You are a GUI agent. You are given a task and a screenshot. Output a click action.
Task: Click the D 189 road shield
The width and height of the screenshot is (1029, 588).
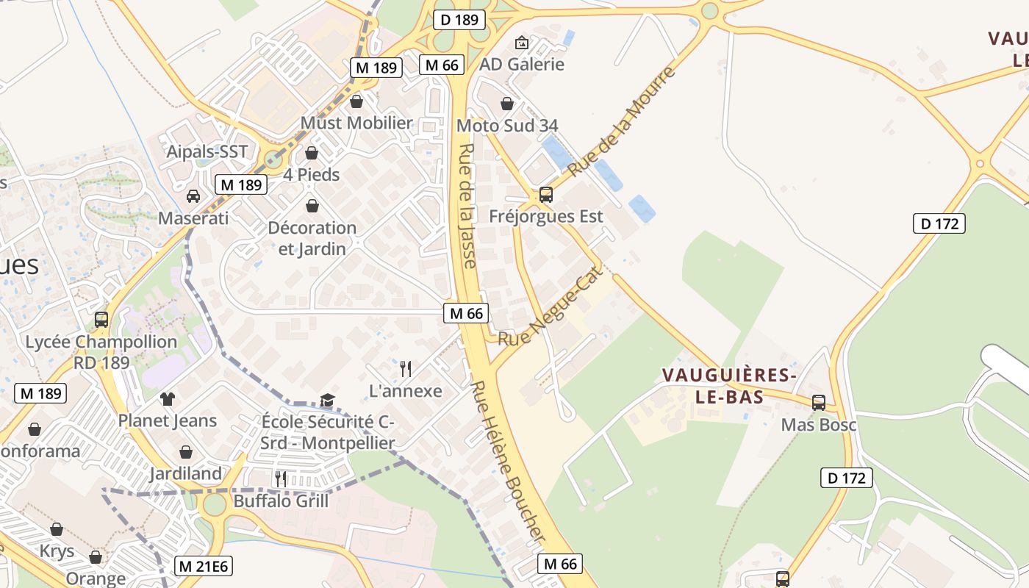click(460, 20)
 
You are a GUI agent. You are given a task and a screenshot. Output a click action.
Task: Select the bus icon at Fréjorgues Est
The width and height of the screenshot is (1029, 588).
click(545, 195)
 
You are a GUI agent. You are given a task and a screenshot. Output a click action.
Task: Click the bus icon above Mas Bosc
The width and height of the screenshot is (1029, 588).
click(818, 402)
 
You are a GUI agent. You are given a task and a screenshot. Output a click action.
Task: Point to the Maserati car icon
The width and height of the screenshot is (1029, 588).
click(193, 196)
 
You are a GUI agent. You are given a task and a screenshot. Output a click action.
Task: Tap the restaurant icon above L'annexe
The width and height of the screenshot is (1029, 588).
click(405, 368)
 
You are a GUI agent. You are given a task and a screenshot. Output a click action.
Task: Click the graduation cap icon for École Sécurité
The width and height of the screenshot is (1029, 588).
click(327, 400)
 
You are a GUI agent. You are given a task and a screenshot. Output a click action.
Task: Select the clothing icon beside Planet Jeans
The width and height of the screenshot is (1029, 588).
click(168, 399)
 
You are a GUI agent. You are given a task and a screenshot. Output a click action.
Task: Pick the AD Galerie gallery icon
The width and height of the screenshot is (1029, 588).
click(522, 43)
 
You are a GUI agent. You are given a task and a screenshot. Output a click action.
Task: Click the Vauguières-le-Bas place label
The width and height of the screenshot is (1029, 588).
click(729, 385)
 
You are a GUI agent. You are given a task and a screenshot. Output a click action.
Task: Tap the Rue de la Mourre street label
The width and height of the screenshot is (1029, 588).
click(621, 121)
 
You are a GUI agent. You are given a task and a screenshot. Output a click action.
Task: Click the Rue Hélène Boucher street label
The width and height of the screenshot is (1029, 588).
click(509, 463)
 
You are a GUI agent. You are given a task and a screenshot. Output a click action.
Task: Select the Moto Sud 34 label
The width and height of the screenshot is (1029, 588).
click(507, 126)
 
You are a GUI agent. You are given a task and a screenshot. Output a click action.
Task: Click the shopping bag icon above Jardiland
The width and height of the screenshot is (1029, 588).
click(186, 451)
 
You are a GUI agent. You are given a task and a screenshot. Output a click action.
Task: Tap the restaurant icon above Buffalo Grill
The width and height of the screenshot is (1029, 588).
click(280, 478)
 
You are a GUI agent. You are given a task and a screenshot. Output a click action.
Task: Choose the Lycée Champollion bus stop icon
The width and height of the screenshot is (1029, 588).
click(101, 320)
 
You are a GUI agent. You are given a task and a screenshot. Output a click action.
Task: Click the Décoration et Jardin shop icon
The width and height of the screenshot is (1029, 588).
click(312, 206)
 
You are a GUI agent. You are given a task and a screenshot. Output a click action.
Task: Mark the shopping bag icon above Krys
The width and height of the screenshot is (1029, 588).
click(57, 529)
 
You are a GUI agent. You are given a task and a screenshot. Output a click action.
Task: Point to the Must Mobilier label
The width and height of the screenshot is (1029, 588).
click(357, 123)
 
